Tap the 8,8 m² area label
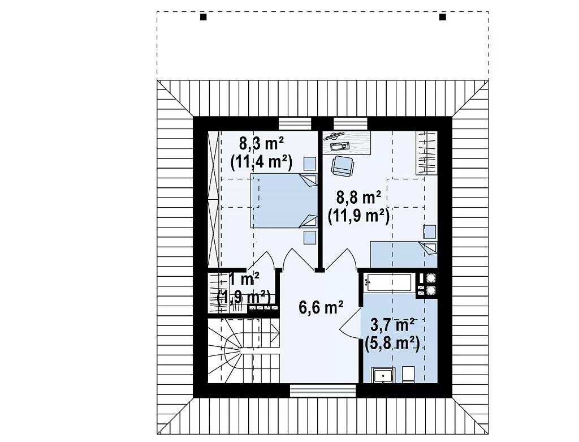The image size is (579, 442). (358, 198)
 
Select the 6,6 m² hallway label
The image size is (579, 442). (321, 307)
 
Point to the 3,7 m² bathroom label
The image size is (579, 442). (392, 325)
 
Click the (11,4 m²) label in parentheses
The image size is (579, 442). (261, 162)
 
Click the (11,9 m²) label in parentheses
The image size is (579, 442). (358, 216)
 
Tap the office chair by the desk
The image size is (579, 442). (342, 166)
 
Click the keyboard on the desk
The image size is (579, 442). (340, 147)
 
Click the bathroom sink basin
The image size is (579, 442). (383, 375)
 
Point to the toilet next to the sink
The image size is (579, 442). (408, 374)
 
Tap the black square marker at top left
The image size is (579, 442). (203, 17)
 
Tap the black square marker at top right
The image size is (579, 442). (442, 17)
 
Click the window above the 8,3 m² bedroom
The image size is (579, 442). (295, 123)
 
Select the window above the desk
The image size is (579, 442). (351, 123)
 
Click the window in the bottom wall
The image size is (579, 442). (323, 390)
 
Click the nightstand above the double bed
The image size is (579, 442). (310, 164)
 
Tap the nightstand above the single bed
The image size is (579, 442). (429, 231)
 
